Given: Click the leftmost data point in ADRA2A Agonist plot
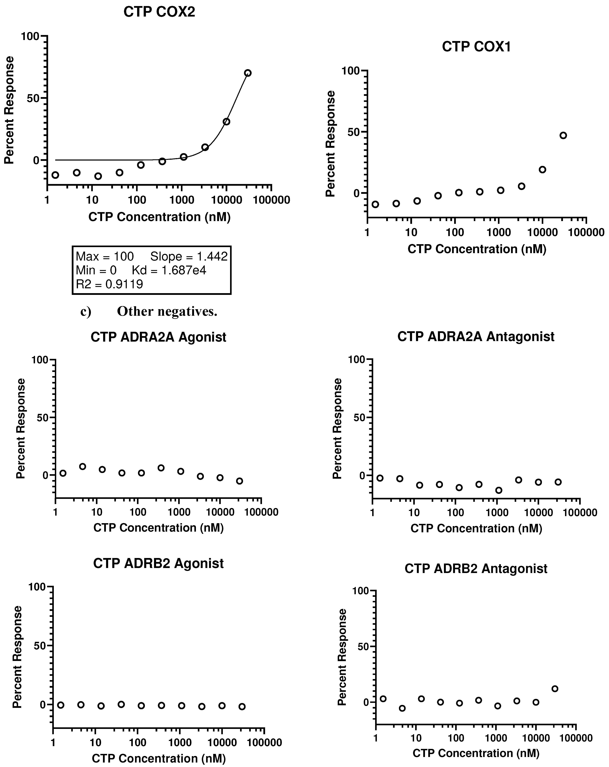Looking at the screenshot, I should [x=63, y=473].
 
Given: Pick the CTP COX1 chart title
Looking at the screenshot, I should [x=476, y=47].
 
